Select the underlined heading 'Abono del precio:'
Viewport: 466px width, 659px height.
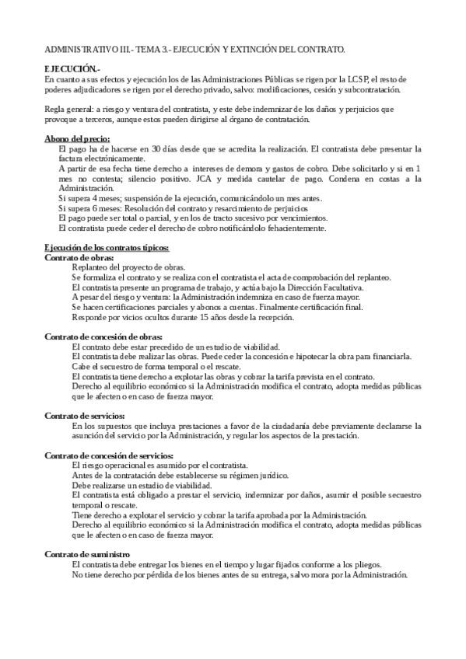[x=77, y=138]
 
